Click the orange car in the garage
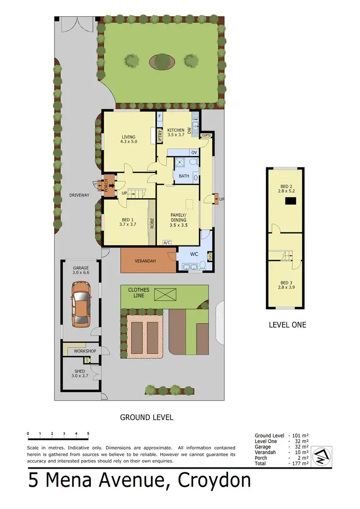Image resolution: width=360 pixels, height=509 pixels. [81, 304]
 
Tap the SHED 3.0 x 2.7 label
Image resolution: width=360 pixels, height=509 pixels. [80, 374]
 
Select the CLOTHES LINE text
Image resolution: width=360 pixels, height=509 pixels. [139, 293]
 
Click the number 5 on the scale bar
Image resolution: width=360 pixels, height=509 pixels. [88, 433]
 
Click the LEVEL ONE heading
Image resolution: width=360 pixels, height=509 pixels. [287, 325]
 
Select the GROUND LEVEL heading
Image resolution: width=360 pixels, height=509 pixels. [146, 417]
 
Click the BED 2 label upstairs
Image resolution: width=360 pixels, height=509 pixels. [286, 187]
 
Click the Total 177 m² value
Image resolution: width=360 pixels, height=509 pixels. [299, 463]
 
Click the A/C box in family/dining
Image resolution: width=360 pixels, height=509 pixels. [168, 243]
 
